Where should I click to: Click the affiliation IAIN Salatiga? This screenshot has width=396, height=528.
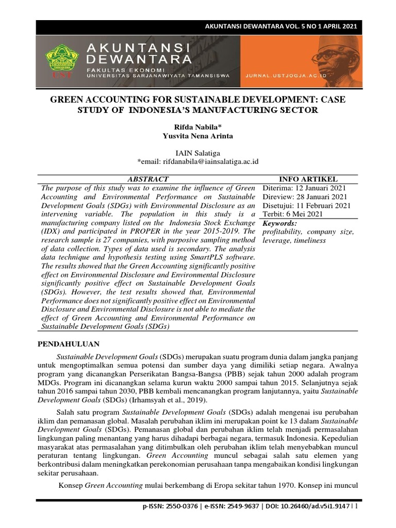pos(197,153)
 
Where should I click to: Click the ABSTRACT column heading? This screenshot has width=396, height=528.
pos(147,179)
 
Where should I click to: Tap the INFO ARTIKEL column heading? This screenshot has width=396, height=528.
pos(308,179)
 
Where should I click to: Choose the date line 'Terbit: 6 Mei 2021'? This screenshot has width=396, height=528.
pos(292,214)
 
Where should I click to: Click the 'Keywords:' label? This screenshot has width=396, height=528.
pos(279,223)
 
